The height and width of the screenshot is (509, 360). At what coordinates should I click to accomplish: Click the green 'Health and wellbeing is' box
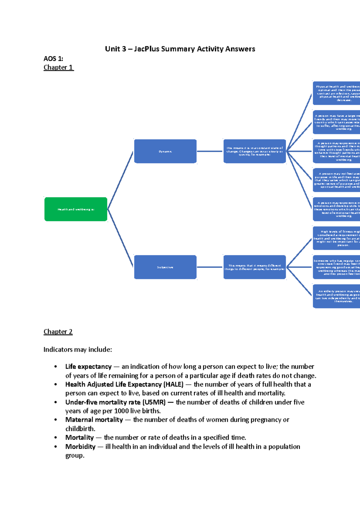click(x=76, y=209)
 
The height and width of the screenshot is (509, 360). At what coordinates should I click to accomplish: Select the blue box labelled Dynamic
click(x=165, y=151)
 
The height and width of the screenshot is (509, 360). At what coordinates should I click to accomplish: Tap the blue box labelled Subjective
click(x=165, y=267)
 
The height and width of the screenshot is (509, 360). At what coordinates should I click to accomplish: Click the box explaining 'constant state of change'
click(x=254, y=151)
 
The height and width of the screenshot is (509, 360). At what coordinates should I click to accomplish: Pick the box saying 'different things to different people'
click(x=254, y=267)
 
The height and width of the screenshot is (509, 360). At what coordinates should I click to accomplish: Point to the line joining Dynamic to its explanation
click(x=210, y=151)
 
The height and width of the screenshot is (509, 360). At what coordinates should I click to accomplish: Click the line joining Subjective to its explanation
click(x=210, y=267)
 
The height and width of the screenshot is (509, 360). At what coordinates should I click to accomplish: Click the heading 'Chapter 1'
click(x=58, y=67)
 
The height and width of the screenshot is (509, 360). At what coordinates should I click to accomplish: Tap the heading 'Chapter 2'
click(x=58, y=332)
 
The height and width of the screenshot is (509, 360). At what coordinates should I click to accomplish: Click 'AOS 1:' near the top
click(x=53, y=58)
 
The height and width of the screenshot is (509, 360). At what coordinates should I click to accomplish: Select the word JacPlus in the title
click(x=146, y=49)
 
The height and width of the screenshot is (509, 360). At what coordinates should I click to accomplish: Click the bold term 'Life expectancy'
click(x=88, y=367)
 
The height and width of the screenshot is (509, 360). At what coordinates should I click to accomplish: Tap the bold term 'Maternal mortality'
click(x=94, y=420)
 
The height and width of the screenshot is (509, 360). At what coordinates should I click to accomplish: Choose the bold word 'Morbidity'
click(x=80, y=447)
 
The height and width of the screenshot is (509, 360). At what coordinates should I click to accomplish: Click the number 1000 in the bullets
click(x=121, y=411)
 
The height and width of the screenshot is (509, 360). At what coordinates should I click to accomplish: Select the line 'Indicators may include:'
click(x=77, y=350)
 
